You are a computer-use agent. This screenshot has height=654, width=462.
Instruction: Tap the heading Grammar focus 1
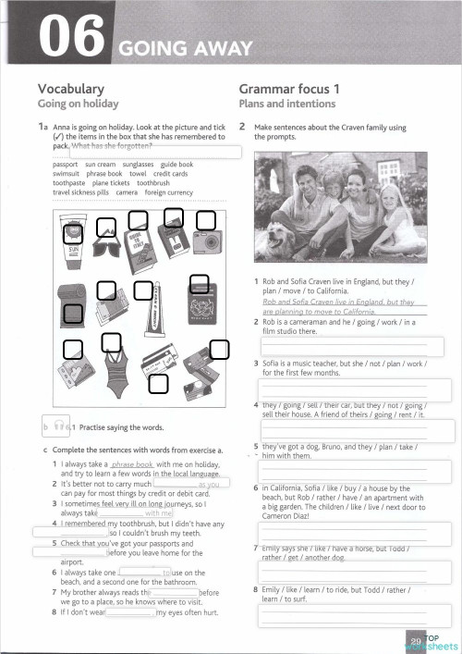tap(289, 89)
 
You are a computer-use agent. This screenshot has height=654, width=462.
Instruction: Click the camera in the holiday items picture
tap(207, 242)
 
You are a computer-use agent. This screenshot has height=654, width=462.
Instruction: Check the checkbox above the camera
tap(206, 220)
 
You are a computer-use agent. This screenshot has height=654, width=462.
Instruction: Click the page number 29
tap(416, 640)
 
